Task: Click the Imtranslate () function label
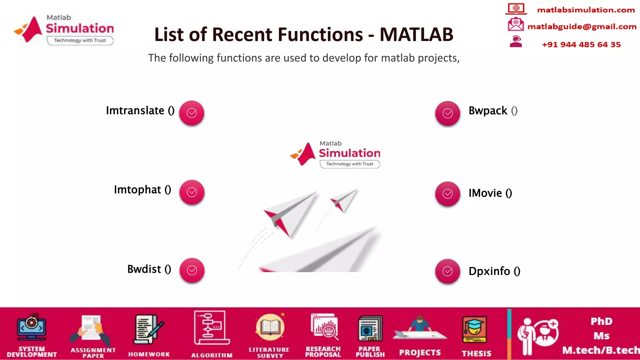pyautogui.click(x=140, y=111)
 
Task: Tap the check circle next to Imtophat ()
pyautogui.click(x=192, y=192)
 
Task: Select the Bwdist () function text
pyautogui.click(x=149, y=269)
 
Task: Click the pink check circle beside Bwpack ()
pyautogui.click(x=447, y=113)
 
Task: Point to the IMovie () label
pyautogui.click(x=490, y=193)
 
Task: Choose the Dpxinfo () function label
pyautogui.click(x=494, y=271)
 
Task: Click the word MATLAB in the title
pyautogui.click(x=416, y=34)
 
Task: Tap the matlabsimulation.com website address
pyautogui.click(x=586, y=10)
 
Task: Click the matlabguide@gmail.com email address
pyautogui.click(x=582, y=27)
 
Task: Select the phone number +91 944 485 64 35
pyautogui.click(x=581, y=45)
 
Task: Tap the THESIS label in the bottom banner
pyautogui.click(x=476, y=353)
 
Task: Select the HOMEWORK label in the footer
pyautogui.click(x=149, y=354)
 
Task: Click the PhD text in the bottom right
pyautogui.click(x=601, y=322)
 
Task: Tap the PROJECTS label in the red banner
pyautogui.click(x=420, y=353)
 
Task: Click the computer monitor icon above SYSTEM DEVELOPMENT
pyautogui.click(x=32, y=327)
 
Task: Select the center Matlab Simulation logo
pyautogui.click(x=335, y=154)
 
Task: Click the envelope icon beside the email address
pyautogui.click(x=515, y=24)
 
